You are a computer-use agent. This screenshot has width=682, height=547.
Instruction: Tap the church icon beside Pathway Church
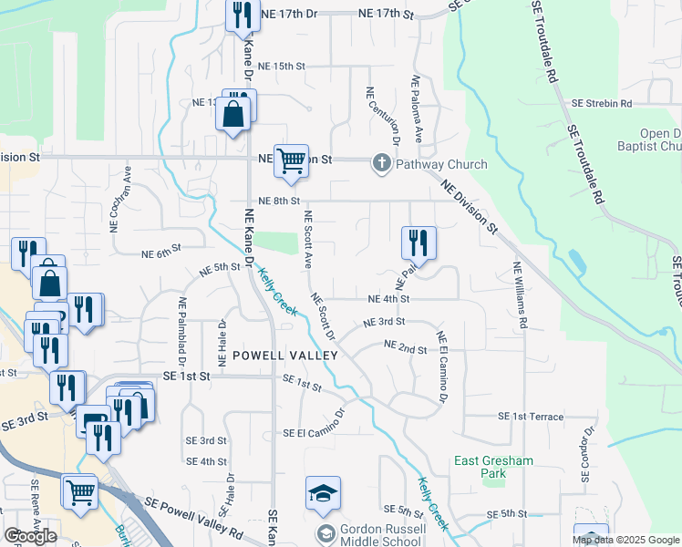click(381, 164)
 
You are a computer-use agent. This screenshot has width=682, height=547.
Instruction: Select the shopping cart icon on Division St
click(291, 161)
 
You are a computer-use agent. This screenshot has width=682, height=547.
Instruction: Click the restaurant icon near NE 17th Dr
click(242, 15)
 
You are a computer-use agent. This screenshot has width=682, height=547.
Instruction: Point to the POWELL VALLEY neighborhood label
click(285, 355)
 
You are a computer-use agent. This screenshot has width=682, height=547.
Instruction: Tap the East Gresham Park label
click(493, 467)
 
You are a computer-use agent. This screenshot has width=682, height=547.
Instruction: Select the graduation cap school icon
click(323, 493)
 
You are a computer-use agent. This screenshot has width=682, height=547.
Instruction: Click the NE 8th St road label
click(279, 201)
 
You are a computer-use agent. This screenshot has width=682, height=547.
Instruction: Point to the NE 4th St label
click(388, 298)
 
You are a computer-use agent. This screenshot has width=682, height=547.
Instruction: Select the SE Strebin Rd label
click(602, 104)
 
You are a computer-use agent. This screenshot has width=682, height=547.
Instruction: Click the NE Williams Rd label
click(519, 295)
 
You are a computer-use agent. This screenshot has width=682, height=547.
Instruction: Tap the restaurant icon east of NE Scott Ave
click(418, 243)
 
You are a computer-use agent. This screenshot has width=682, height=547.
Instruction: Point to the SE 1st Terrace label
click(531, 416)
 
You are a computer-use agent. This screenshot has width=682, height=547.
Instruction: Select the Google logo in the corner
click(31, 535)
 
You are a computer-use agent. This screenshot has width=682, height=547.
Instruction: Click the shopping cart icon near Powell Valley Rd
click(80, 490)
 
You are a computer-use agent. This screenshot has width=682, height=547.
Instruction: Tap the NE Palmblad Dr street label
click(182, 326)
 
